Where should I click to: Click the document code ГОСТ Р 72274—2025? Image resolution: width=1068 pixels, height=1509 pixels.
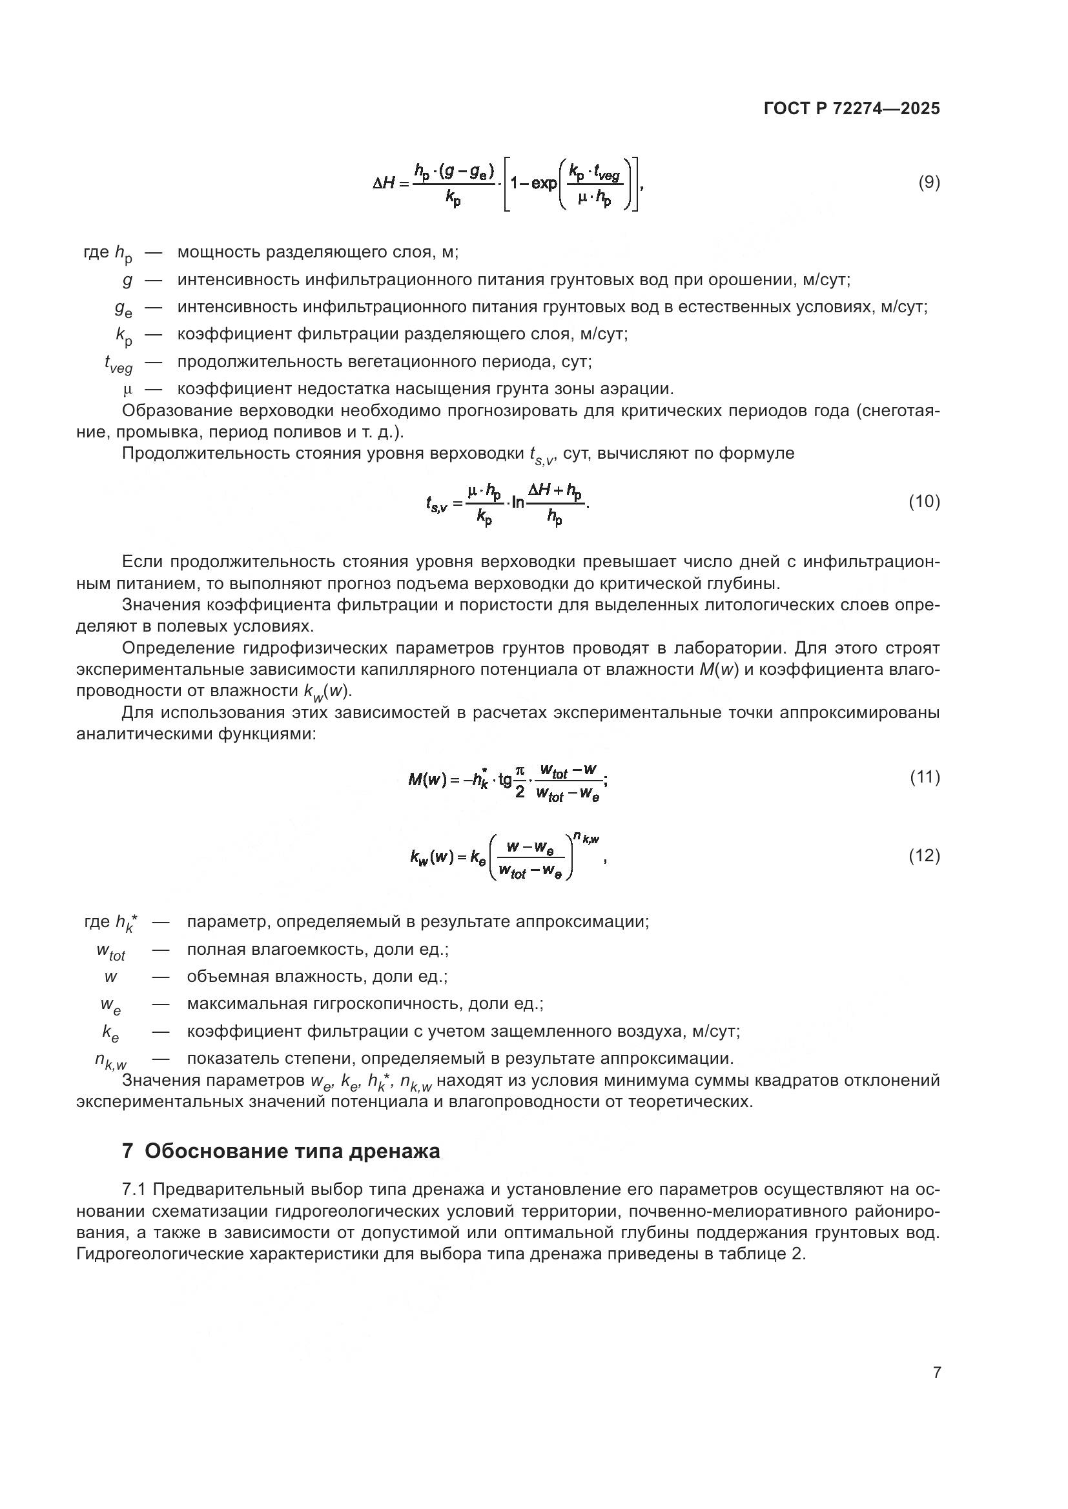(x=852, y=109)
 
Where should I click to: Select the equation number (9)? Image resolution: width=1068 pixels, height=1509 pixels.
(x=929, y=182)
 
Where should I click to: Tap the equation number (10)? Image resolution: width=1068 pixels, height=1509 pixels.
(x=924, y=501)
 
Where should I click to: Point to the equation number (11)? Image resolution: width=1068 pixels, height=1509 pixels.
(x=925, y=777)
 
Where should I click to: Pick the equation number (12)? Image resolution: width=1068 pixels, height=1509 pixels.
(x=924, y=855)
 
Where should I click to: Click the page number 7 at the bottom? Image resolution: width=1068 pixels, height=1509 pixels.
(x=936, y=1372)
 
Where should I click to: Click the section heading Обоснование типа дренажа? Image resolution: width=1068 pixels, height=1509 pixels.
(x=292, y=1151)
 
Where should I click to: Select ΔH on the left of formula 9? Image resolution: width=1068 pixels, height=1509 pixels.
(x=384, y=183)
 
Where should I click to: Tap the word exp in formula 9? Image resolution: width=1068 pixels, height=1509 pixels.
(x=543, y=183)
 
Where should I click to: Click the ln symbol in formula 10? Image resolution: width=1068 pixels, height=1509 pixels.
(x=518, y=504)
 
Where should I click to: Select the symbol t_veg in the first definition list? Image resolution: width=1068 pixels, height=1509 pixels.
(x=118, y=363)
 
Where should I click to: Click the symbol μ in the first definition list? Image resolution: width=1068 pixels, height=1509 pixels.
(x=128, y=390)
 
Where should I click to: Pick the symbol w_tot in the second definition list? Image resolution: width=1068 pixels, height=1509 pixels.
(x=110, y=951)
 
